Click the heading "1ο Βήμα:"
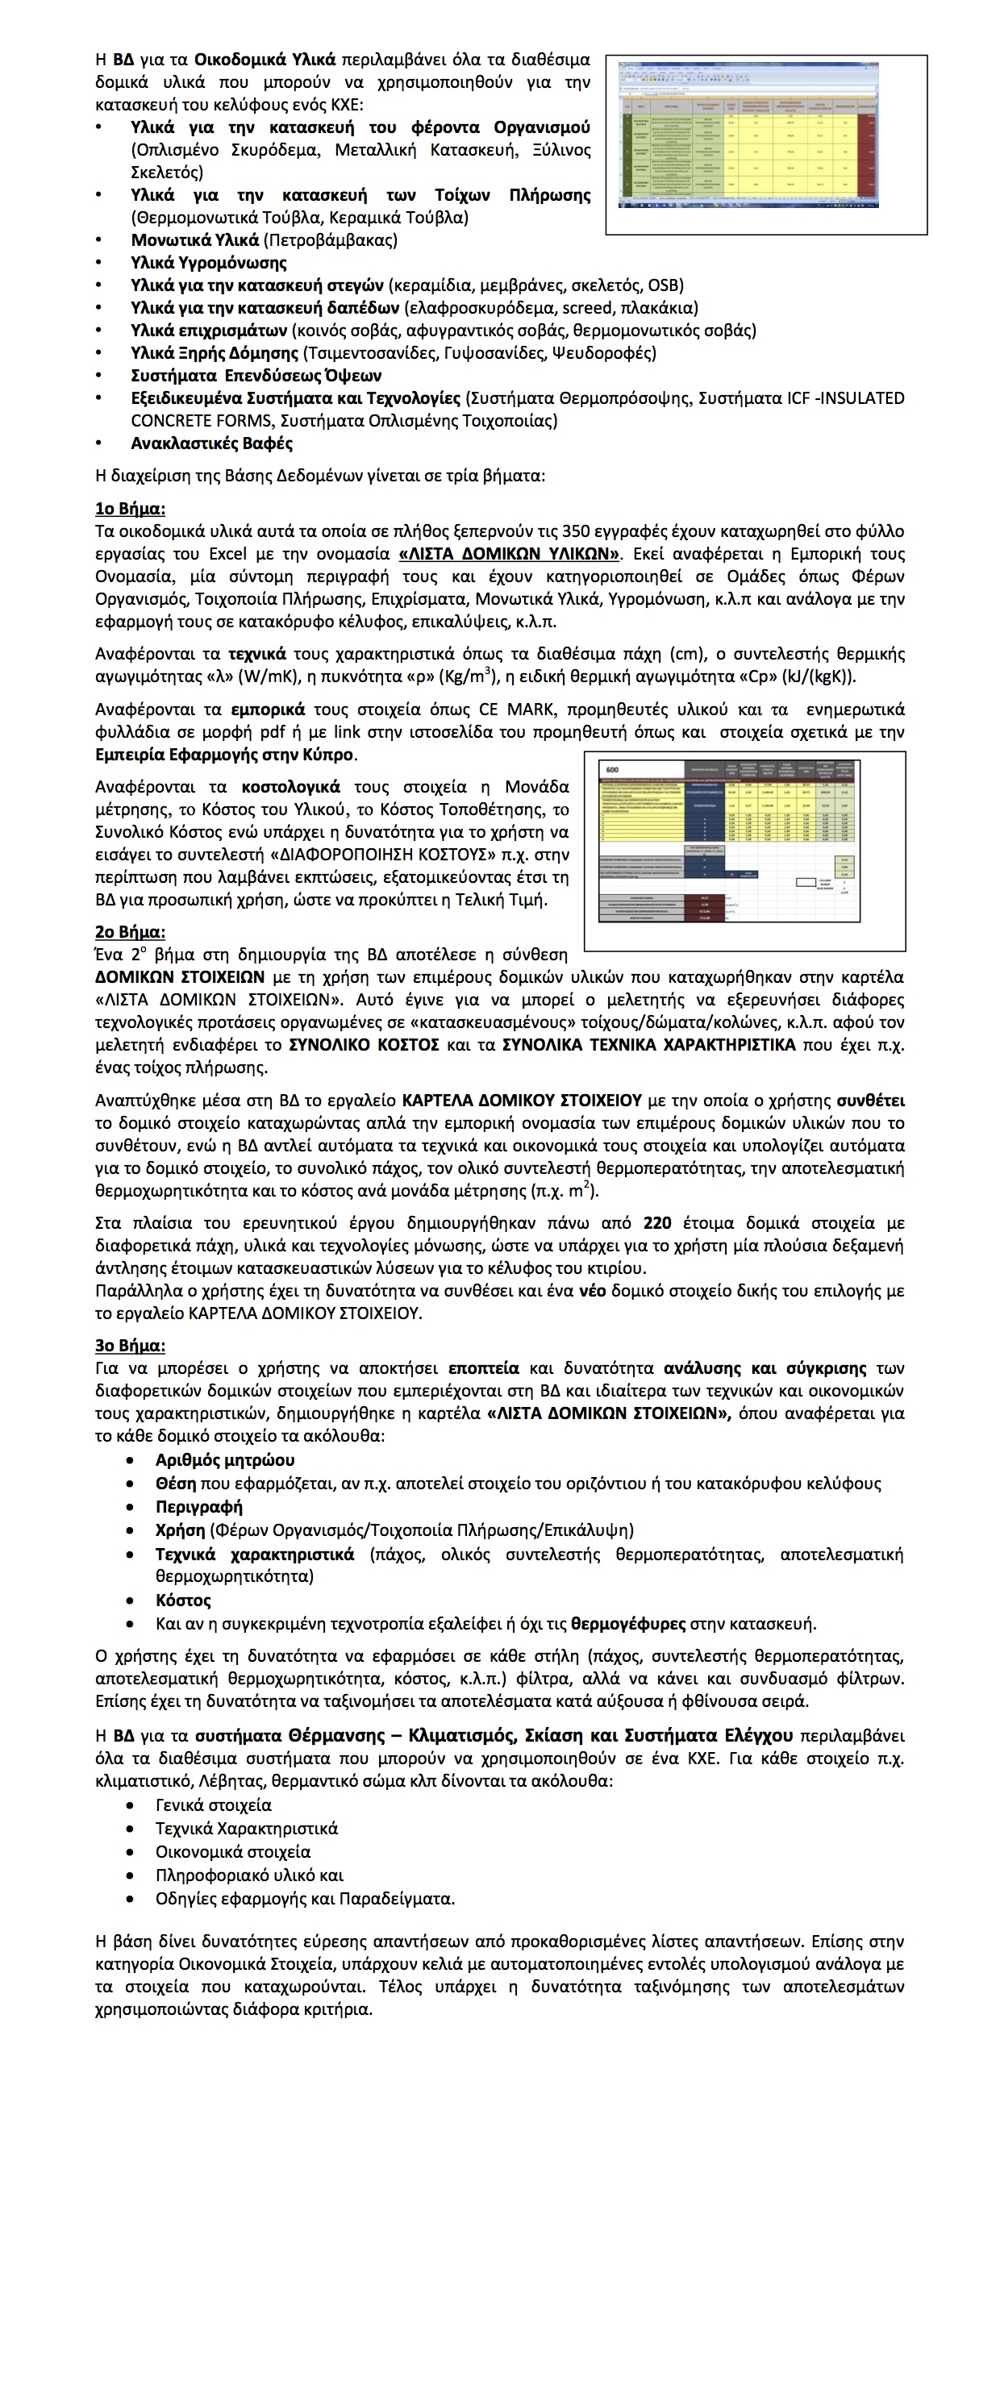(x=131, y=508)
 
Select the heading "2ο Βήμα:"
(x=131, y=932)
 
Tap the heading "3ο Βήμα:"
(x=131, y=1346)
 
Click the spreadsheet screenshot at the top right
(x=765, y=144)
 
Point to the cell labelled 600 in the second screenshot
(x=611, y=770)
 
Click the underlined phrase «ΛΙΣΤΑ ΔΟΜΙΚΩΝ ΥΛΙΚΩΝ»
(x=509, y=554)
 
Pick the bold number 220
(x=657, y=1223)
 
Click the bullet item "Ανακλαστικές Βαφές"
(x=211, y=443)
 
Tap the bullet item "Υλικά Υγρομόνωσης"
(x=209, y=263)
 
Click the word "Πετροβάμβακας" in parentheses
(x=330, y=240)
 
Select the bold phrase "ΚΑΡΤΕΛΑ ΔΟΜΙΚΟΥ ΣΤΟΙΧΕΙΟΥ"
(x=521, y=1100)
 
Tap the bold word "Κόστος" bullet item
(x=183, y=1600)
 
